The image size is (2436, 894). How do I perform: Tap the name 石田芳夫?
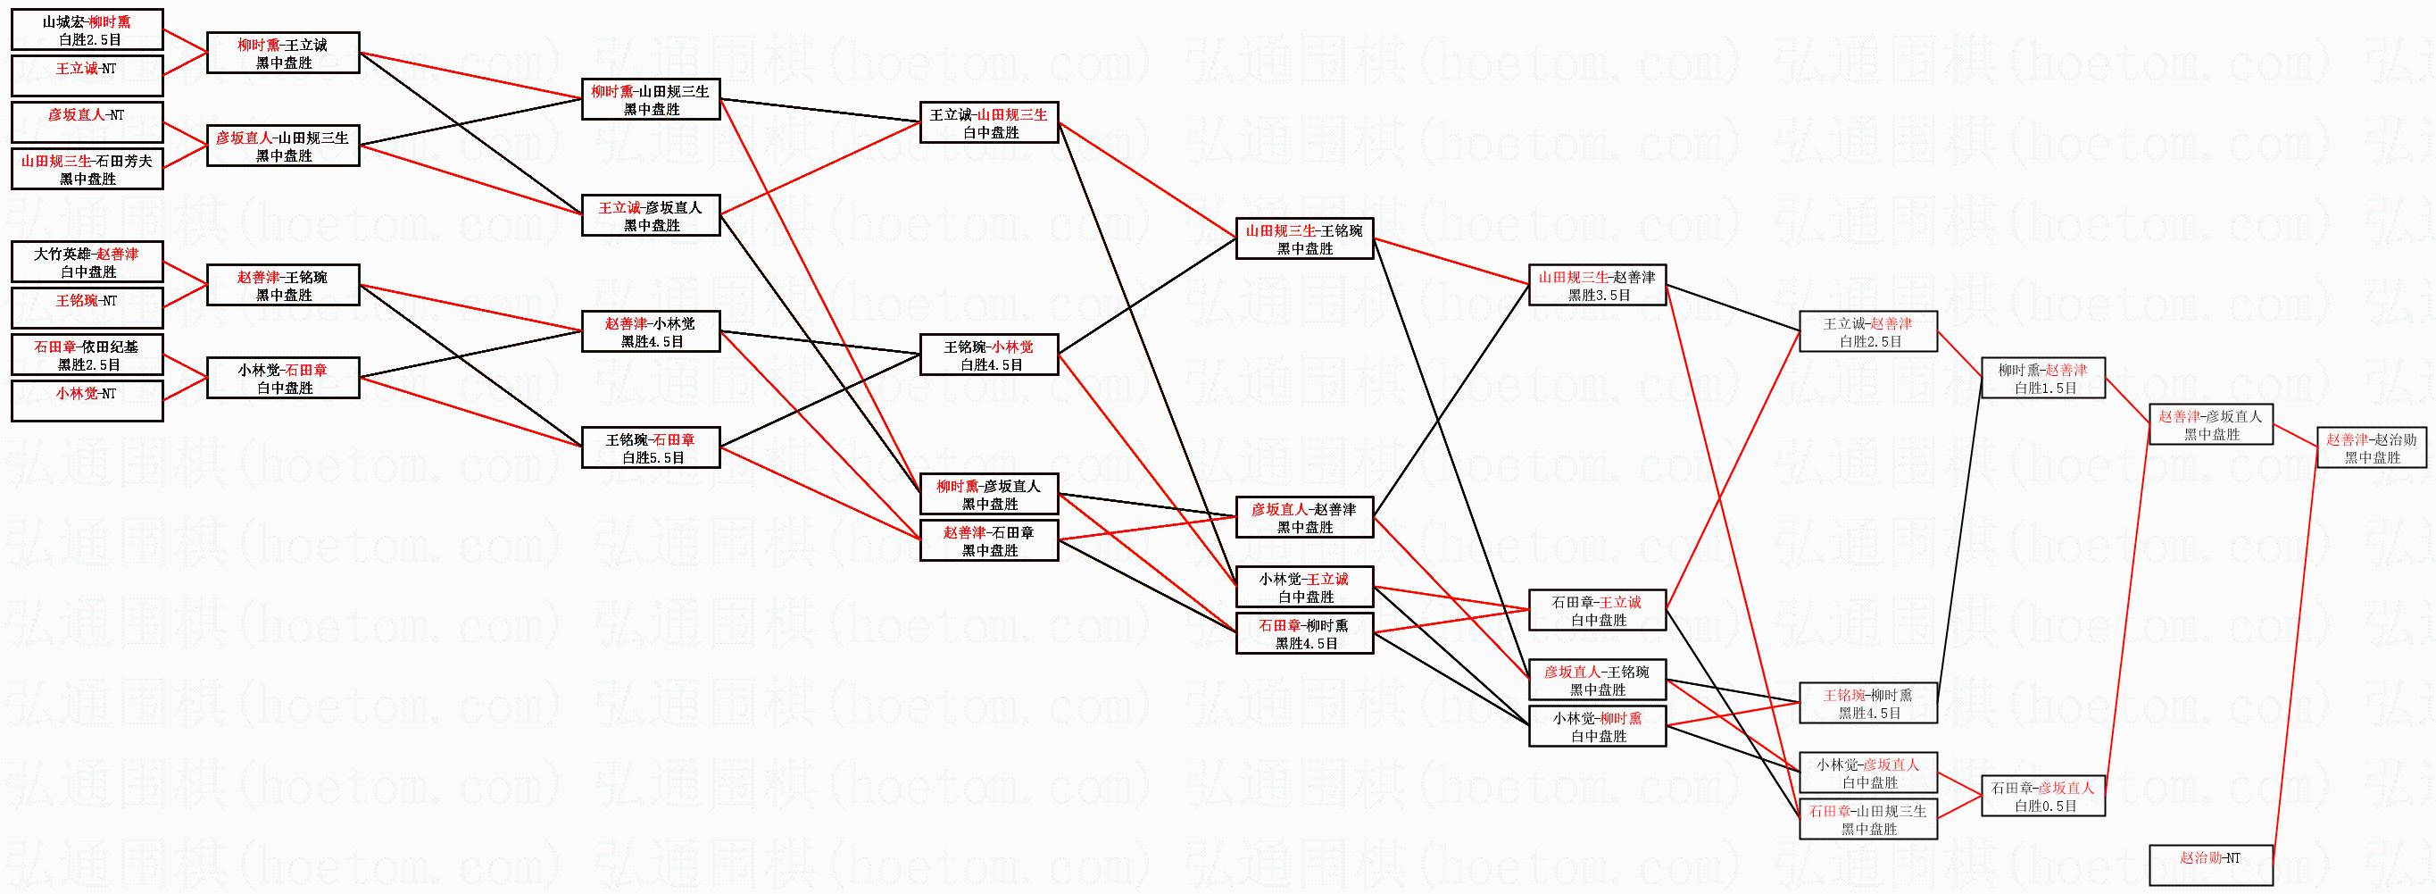point(124,162)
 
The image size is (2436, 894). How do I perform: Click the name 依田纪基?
point(110,347)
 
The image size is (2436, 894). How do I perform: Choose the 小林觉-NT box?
point(87,400)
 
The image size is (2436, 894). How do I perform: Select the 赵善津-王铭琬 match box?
point(283,285)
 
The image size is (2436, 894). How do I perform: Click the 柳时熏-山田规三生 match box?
point(651,99)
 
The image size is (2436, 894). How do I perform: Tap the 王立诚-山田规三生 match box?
point(989,123)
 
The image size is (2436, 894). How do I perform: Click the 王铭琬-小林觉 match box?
point(989,355)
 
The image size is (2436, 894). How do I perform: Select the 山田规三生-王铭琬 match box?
point(1304,238)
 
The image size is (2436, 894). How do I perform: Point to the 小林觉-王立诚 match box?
point(1304,587)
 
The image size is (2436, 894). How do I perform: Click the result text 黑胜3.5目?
point(1598,295)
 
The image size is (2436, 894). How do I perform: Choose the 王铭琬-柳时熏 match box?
point(1867,703)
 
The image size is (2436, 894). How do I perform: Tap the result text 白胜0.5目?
point(2044,806)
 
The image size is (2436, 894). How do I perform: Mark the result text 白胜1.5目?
point(2044,388)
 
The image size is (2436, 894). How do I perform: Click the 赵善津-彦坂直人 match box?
point(2211,425)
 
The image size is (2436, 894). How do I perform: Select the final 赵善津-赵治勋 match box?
point(2372,447)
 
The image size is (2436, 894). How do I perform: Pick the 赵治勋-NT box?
point(2211,864)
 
